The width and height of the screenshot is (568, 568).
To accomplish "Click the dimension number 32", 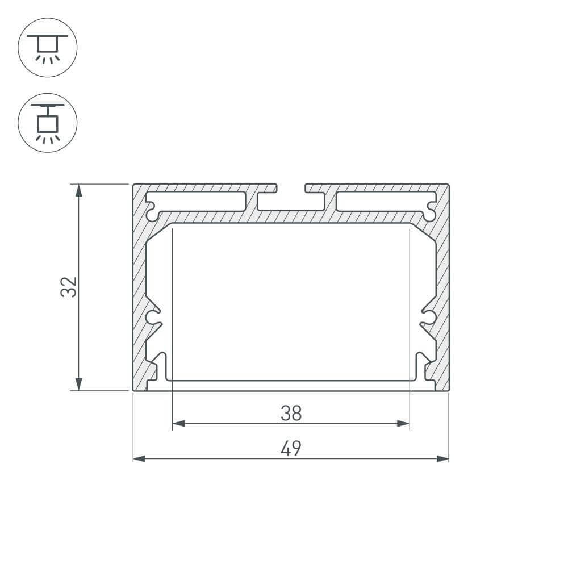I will pyautogui.click(x=69, y=287).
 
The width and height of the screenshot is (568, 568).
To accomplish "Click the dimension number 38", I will pyautogui.click(x=291, y=414).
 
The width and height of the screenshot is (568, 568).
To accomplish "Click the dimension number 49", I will pyautogui.click(x=291, y=449).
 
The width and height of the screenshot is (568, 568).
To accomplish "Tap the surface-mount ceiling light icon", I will pyautogui.click(x=48, y=48).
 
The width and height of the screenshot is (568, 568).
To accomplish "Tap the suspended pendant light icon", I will pyautogui.click(x=48, y=122).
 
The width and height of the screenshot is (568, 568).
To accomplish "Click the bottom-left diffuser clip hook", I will pyautogui.click(x=160, y=366).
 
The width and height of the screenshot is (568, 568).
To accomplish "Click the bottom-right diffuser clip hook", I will pyautogui.click(x=421, y=366).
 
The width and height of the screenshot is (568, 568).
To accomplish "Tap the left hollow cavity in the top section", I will pyautogui.click(x=199, y=201).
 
